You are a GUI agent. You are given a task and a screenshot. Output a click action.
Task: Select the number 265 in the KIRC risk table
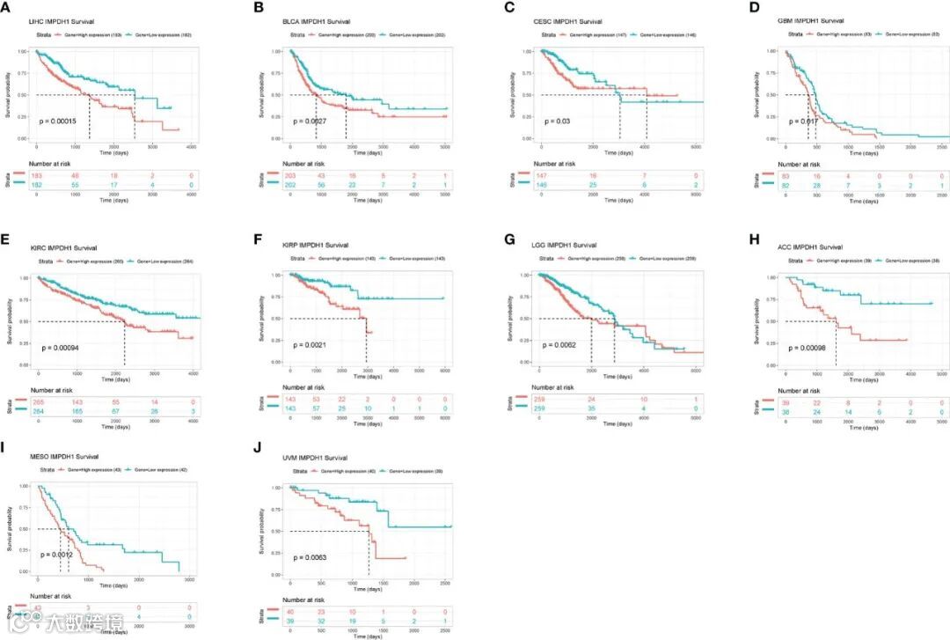click(37, 401)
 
